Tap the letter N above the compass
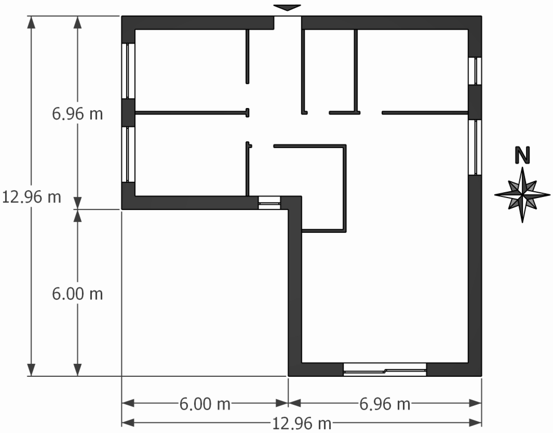pos(522,155)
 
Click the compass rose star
pos(522,195)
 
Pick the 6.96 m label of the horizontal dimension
pos(385,404)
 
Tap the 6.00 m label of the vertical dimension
pos(77,294)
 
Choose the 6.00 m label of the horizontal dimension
pos(205,404)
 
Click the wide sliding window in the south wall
pos(385,369)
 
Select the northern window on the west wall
pos(128,71)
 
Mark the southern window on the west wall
pos(128,154)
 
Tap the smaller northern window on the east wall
pos(475,71)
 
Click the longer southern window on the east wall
pos(475,147)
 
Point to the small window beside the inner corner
pos(269,203)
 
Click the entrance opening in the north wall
pos(288,23)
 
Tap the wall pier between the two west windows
pos(128,113)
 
